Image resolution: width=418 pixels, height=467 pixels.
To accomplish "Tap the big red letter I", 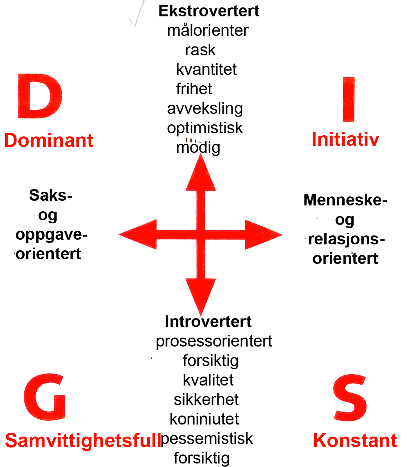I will pyautogui.click(x=349, y=99).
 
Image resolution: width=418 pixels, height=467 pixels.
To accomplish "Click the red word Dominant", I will pyautogui.click(x=49, y=140).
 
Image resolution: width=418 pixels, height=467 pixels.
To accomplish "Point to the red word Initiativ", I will pyautogui.click(x=345, y=140).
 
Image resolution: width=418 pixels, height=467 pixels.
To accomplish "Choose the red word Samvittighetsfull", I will pyautogui.click(x=83, y=440).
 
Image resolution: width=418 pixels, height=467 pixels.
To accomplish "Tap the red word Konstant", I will pyautogui.click(x=355, y=441).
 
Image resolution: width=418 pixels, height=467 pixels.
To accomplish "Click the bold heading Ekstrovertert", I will pyautogui.click(x=209, y=11).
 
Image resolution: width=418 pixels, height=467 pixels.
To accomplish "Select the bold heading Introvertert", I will pyautogui.click(x=208, y=322).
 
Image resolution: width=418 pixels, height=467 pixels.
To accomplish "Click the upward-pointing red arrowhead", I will pyautogui.click(x=201, y=173).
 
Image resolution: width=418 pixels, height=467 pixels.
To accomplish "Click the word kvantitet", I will pyautogui.click(x=206, y=69).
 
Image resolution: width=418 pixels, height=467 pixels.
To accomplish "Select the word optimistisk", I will pyautogui.click(x=205, y=128).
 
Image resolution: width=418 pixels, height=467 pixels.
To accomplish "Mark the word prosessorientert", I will pyautogui.click(x=214, y=341).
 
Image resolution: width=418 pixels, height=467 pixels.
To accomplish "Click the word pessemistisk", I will pyautogui.click(x=207, y=439).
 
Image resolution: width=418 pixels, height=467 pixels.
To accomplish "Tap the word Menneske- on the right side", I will pyautogui.click(x=345, y=200).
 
